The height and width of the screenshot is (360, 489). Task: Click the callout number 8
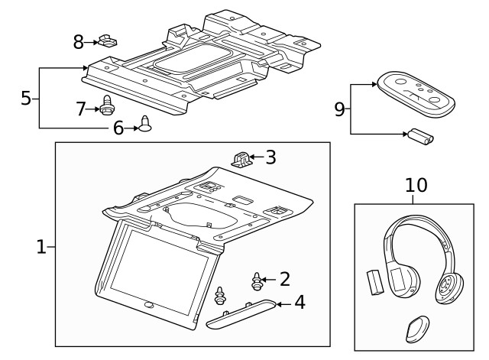[x=78, y=42]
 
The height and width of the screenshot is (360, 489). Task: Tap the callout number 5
[x=26, y=98]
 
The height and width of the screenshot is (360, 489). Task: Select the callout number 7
[x=81, y=109]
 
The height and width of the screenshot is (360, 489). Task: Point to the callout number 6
[x=118, y=128]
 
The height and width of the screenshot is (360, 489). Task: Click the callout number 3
[x=270, y=158]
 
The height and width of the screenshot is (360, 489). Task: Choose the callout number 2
[x=284, y=279]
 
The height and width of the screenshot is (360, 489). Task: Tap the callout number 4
[x=300, y=303]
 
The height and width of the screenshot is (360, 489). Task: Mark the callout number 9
[x=339, y=109]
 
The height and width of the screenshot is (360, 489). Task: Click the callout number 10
[x=416, y=185]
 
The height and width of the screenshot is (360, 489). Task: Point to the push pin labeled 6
[x=145, y=124]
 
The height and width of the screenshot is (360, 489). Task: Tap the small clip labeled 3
[x=241, y=158]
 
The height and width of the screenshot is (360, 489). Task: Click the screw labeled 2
[x=257, y=281]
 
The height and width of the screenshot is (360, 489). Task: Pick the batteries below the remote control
[x=419, y=138]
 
